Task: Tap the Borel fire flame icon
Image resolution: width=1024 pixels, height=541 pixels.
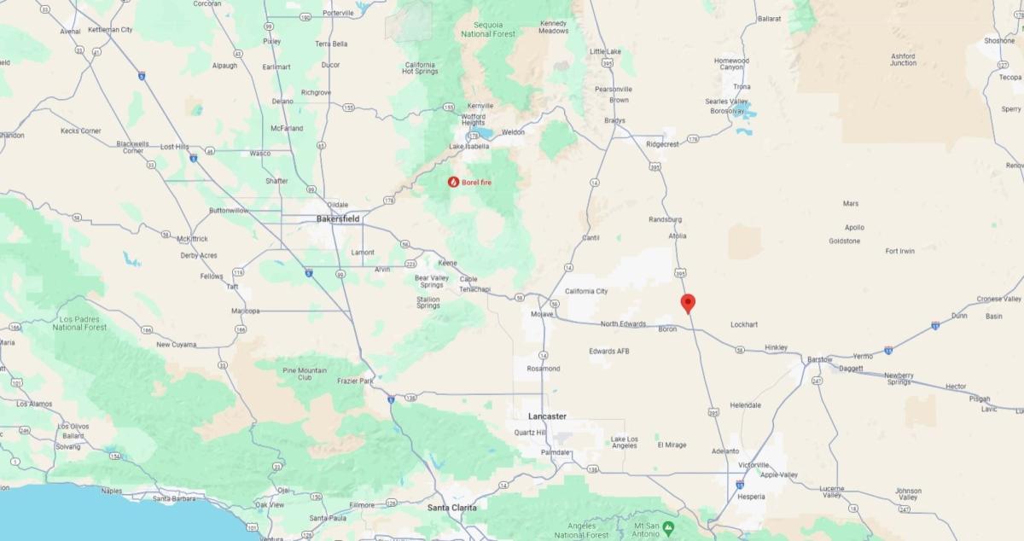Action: point(453,182)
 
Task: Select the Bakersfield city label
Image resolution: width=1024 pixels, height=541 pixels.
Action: point(338,219)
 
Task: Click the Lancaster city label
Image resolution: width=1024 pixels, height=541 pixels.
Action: point(547,416)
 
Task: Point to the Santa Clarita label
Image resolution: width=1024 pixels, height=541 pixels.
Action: point(451,508)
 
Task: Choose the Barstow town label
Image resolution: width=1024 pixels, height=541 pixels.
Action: point(820,359)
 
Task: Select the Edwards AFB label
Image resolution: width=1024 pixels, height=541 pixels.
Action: point(608,351)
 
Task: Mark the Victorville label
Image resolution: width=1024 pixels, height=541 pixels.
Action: point(753,465)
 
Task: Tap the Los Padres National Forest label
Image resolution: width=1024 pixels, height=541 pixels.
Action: point(79,322)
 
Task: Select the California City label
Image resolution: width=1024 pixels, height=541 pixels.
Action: point(586,291)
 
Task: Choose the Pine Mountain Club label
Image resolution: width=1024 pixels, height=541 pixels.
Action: point(303,374)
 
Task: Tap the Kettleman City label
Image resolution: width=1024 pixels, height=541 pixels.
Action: point(109,30)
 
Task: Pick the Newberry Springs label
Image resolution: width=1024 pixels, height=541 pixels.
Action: point(899,379)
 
